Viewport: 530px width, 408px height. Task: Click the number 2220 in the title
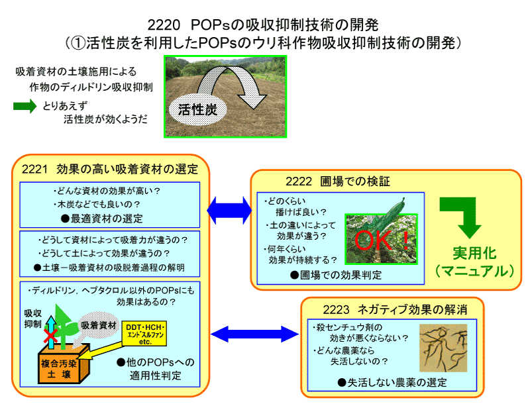tap(164, 25)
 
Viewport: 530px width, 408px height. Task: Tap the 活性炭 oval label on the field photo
tap(197, 109)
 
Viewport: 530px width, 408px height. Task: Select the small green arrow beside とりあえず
tap(25, 106)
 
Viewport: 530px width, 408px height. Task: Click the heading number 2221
tap(35, 169)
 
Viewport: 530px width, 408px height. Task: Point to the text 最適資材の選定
tap(107, 219)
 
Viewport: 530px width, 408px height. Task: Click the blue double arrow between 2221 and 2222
tap(229, 210)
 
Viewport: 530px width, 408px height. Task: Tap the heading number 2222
tap(299, 181)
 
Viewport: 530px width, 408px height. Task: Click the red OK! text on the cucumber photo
tap(382, 240)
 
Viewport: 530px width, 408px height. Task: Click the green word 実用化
tap(474, 253)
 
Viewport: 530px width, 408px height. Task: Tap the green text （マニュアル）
tap(474, 271)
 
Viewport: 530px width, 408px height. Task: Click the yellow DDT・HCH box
tap(144, 334)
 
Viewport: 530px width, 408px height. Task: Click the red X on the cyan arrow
tap(51, 336)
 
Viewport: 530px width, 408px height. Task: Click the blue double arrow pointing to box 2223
tap(254, 334)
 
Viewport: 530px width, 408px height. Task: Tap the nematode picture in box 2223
tap(443, 348)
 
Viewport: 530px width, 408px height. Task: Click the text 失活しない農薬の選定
tap(392, 383)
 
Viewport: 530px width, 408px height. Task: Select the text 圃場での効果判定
tap(336, 275)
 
